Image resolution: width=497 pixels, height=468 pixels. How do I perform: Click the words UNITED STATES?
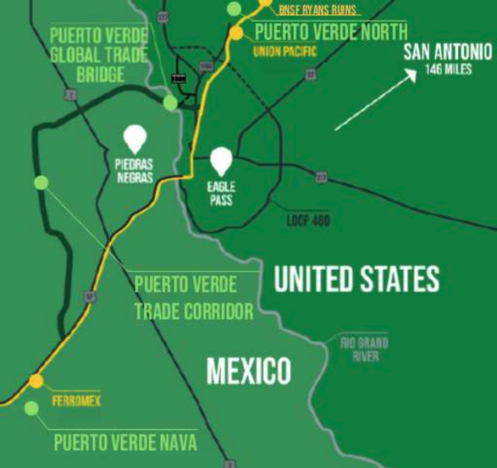[x=356, y=279]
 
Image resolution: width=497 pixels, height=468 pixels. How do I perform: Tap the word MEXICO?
[x=248, y=369]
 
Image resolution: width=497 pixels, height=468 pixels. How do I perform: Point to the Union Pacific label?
[x=282, y=51]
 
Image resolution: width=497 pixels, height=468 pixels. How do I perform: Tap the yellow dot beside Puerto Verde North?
[x=237, y=33]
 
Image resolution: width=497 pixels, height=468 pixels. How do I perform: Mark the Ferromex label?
[x=70, y=399]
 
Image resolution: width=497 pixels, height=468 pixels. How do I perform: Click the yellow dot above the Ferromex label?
[x=35, y=381]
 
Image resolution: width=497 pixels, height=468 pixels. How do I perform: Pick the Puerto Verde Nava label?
[x=125, y=442]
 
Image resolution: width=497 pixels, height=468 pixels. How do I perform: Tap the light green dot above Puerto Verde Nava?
[x=31, y=408]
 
